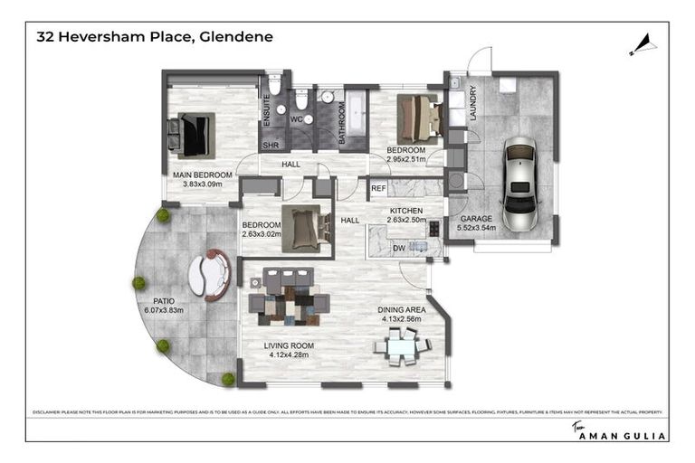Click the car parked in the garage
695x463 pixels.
pos(519,186)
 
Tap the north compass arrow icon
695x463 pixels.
pos(643,43)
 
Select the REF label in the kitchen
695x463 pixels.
pos(379,189)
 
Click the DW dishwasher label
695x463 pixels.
pos(398,247)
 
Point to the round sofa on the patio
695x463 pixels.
pos(209,274)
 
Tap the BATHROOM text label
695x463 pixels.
pos(342,123)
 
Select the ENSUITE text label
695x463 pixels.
pos(267,109)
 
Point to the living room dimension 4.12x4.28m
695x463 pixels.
pos(289,354)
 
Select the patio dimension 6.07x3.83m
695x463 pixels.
pos(164,309)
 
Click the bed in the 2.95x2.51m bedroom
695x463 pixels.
pos(419,118)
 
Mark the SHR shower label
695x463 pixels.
pos(270,145)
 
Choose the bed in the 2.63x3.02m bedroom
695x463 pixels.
pos(300,225)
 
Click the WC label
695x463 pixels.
pos(296,119)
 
